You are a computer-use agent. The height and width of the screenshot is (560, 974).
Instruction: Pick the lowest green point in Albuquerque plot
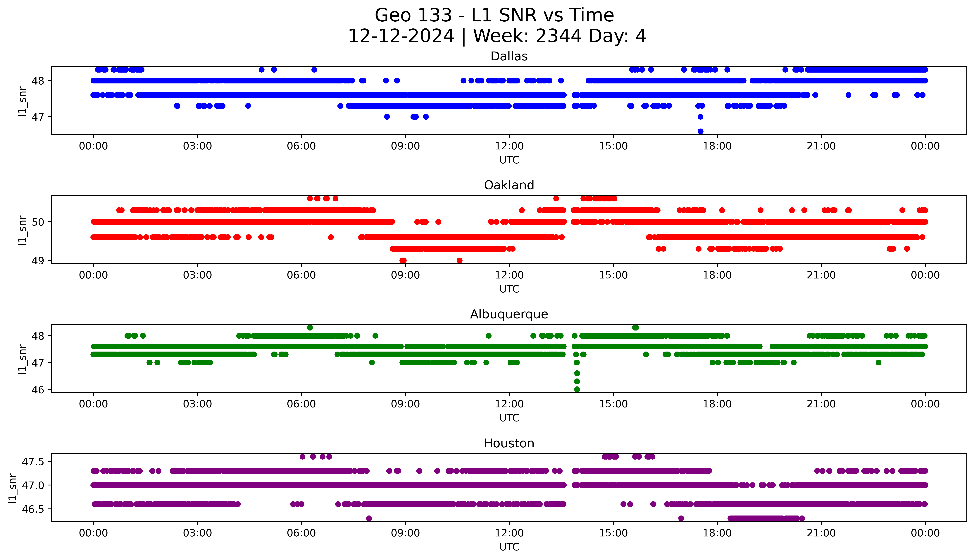[577, 389]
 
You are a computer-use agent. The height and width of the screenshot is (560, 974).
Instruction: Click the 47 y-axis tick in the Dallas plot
[38, 117]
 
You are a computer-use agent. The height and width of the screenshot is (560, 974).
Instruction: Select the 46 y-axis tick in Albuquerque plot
[38, 390]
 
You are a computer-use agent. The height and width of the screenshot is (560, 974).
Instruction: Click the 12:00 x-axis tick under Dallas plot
[509, 146]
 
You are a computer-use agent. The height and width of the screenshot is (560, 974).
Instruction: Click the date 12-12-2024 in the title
[401, 36]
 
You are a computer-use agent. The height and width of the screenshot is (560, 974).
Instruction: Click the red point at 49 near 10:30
[459, 260]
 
